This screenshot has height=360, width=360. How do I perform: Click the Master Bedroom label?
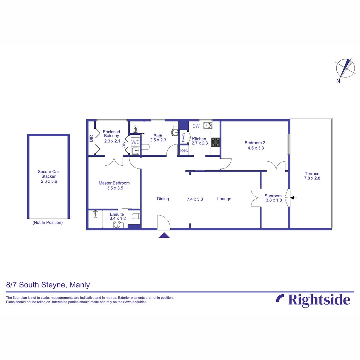(x=114, y=183)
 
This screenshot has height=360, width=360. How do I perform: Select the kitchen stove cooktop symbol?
(x=215, y=142)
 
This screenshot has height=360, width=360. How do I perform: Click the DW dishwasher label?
(x=196, y=126)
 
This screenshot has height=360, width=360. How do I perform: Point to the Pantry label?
(x=183, y=137)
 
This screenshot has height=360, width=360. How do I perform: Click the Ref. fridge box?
(x=184, y=151)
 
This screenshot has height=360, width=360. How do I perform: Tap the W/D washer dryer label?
(x=135, y=142)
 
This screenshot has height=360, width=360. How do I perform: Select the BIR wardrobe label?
(x=91, y=138)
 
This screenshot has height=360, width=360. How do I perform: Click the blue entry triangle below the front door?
(x=164, y=235)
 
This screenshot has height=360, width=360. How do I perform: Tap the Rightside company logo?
(x=313, y=299)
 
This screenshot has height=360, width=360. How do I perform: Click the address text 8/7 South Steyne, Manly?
(x=48, y=285)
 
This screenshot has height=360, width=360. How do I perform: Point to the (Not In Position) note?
(x=47, y=222)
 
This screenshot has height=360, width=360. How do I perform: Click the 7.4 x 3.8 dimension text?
(x=195, y=199)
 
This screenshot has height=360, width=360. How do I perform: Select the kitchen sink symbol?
(x=208, y=126)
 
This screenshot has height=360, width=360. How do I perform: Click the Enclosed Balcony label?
(x=111, y=134)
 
